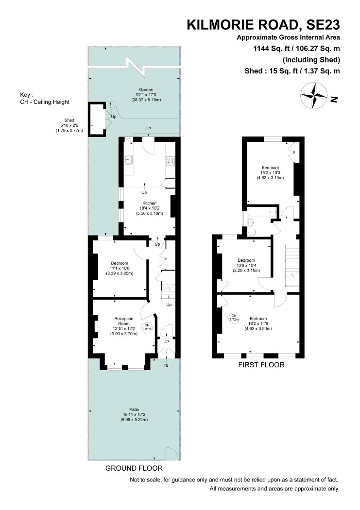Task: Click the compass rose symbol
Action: point(314,96)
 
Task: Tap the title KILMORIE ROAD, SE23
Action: point(263,25)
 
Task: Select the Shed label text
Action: point(69,120)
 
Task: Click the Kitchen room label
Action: point(149,203)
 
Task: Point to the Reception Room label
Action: point(124,321)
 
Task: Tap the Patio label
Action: point(134,409)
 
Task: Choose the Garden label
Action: point(146,89)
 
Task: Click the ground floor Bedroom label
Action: point(120,263)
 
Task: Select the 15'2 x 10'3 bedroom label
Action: point(270,168)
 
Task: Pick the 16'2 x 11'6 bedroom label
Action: point(258,319)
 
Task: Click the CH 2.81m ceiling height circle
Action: point(147,327)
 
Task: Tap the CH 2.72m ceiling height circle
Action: point(234,318)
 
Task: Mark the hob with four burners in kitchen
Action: point(171,160)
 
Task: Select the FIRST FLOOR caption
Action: point(261,365)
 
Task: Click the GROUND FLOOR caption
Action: point(134,468)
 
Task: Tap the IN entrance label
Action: point(166,366)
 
